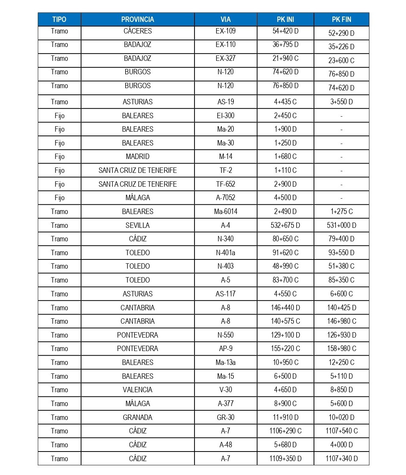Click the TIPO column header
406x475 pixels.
click(x=59, y=19)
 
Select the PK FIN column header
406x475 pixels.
click(x=341, y=19)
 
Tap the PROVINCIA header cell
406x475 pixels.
click(x=138, y=19)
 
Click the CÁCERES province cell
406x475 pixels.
click(x=138, y=31)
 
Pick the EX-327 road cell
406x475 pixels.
click(x=225, y=59)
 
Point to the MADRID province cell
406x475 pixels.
click(x=138, y=157)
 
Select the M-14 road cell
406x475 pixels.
click(x=225, y=157)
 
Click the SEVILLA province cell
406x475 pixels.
click(x=138, y=226)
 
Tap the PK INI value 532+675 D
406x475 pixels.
click(x=285, y=226)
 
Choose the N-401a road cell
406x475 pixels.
click(x=225, y=253)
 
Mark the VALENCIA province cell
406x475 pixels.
click(x=138, y=390)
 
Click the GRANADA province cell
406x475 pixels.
click(x=138, y=418)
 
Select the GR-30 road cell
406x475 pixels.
click(x=225, y=418)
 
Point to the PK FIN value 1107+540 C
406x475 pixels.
click(x=341, y=431)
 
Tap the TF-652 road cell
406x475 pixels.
click(x=225, y=184)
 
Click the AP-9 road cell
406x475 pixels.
click(x=225, y=349)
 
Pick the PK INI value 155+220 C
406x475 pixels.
click(x=285, y=349)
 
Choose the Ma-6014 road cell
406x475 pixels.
click(x=225, y=212)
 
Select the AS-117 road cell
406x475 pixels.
click(x=225, y=294)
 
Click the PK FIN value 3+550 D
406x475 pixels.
click(x=341, y=102)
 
